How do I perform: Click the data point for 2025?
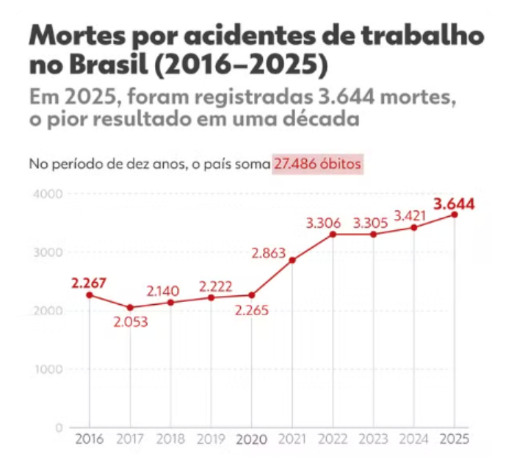(455, 215)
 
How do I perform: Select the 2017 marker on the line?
(130, 307)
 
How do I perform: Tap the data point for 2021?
(292, 260)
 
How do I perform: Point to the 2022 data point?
(333, 234)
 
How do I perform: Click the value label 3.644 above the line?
(454, 204)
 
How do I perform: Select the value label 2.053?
(131, 322)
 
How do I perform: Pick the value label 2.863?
(269, 253)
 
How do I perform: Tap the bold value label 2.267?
(89, 283)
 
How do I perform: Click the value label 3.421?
(410, 216)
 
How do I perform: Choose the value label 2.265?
(251, 310)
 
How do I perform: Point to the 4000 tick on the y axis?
(48, 193)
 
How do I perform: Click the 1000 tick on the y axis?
(48, 369)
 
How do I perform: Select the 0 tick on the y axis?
(59, 428)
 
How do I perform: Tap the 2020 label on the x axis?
(252, 439)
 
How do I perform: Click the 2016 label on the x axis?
(90, 439)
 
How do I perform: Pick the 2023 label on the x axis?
(373, 439)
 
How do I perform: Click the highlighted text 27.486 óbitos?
(317, 164)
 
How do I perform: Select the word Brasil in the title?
(109, 64)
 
